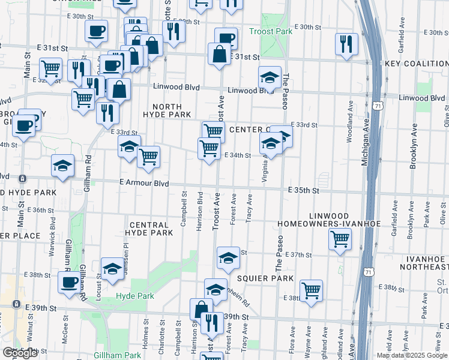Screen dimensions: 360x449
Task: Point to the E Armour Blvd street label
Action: (x=144, y=184)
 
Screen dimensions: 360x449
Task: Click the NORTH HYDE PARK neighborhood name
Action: (x=167, y=114)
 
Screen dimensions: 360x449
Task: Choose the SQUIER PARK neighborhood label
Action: (x=265, y=278)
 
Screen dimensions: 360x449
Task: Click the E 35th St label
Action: (x=301, y=190)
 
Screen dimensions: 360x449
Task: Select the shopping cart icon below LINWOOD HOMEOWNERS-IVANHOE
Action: (x=340, y=238)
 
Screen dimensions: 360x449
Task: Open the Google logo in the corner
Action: (x=20, y=353)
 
